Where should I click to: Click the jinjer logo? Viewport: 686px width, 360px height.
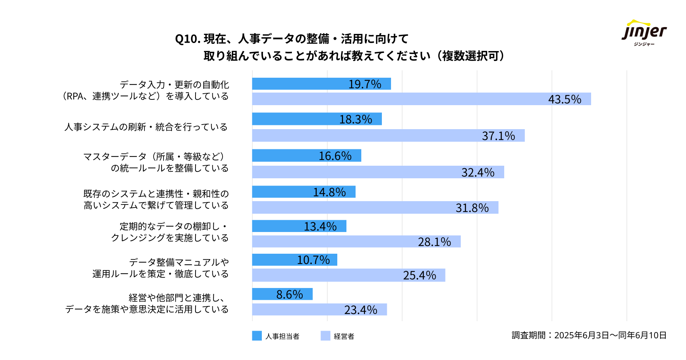pyautogui.click(x=644, y=33)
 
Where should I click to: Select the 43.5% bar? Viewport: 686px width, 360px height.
pyautogui.click(x=421, y=99)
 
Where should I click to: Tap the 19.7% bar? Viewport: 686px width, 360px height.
pyautogui.click(x=321, y=84)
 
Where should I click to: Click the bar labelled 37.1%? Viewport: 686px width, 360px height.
pyautogui.click(x=388, y=136)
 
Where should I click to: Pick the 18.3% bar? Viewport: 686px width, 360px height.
pyautogui.click(x=317, y=119)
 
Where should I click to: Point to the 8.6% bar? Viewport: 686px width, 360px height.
pyautogui.click(x=282, y=294)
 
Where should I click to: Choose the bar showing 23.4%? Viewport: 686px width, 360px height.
pyautogui.click(x=319, y=309)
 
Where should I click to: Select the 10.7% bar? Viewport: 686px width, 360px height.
pyautogui.click(x=294, y=260)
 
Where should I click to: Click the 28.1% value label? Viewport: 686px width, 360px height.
pyautogui.click(x=434, y=242)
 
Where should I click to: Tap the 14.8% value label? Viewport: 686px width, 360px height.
pyautogui.click(x=329, y=192)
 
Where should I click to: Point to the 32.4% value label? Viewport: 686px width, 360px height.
pyautogui.click(x=478, y=173)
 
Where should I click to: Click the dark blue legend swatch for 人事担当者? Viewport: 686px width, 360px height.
pyautogui.click(x=257, y=336)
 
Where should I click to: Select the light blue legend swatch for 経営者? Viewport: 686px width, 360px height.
pyautogui.click(x=325, y=336)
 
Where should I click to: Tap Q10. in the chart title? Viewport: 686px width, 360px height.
pyautogui.click(x=188, y=39)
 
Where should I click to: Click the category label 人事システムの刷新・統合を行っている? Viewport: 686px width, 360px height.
pyautogui.click(x=146, y=127)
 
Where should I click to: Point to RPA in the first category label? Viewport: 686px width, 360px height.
pyautogui.click(x=75, y=96)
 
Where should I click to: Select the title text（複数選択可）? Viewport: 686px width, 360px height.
pyautogui.click(x=470, y=56)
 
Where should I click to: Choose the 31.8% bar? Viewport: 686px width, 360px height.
pyautogui.click(x=375, y=208)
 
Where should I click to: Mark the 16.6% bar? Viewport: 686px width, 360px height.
pyautogui.click(x=306, y=155)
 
